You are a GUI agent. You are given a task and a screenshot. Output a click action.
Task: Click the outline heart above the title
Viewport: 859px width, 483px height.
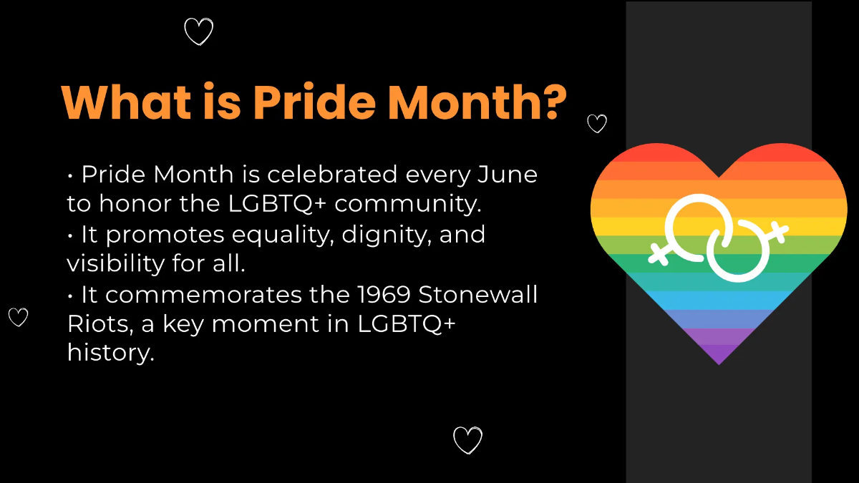click(x=198, y=31)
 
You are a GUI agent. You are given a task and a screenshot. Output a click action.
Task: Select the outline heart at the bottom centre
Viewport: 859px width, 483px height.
click(x=467, y=439)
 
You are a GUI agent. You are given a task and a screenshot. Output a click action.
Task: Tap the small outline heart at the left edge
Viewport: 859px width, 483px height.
click(x=18, y=316)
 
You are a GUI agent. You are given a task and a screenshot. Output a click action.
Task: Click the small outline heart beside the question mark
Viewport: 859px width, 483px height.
click(x=596, y=124)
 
